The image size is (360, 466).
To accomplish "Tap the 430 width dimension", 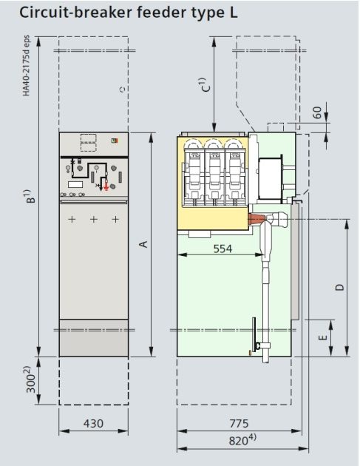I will tap(92, 424).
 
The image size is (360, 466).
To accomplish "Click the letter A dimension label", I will tap(144, 244).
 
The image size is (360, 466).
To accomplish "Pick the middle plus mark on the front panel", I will tap(94, 220).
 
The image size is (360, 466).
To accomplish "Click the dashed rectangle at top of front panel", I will tap(89, 142).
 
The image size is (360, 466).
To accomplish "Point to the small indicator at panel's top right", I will tap(114, 140).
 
